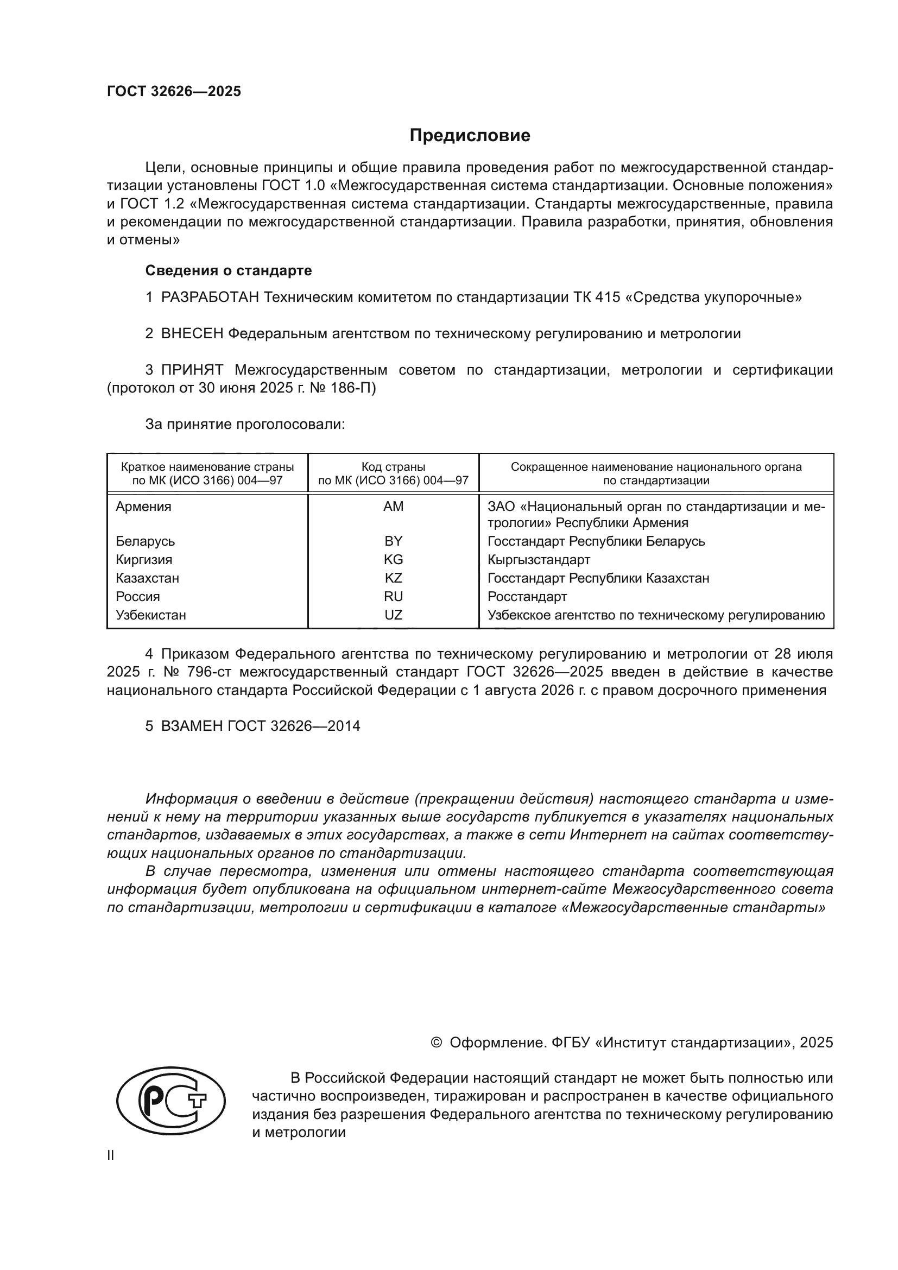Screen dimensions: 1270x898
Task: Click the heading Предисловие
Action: pos(470,136)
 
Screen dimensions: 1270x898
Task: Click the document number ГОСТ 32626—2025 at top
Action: pos(174,91)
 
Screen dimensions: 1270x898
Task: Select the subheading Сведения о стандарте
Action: pos(229,270)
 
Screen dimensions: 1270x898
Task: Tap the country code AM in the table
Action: pos(393,506)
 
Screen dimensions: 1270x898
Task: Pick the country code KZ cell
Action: pos(393,578)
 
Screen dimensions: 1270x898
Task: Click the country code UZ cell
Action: pos(393,615)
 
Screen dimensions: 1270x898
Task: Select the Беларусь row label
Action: pos(146,541)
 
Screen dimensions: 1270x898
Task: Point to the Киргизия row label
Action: pos(144,559)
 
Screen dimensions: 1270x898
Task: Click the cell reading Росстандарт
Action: pos(527,596)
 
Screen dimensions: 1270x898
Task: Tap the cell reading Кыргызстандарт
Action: pos(539,559)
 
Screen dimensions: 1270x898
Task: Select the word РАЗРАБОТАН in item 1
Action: pos(210,298)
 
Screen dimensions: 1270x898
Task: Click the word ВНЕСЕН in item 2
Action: pos(192,333)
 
